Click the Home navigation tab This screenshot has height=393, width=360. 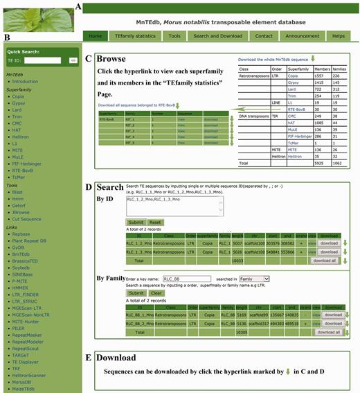tap(96, 35)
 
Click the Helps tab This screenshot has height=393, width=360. tap(339, 35)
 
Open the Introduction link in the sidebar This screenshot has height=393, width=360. tap(26, 81)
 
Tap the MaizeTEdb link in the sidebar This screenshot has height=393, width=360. tap(26, 389)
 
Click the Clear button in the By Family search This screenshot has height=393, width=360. tap(155, 292)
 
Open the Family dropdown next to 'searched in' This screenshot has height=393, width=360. tap(253, 279)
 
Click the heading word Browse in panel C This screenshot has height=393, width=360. tap(116, 60)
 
